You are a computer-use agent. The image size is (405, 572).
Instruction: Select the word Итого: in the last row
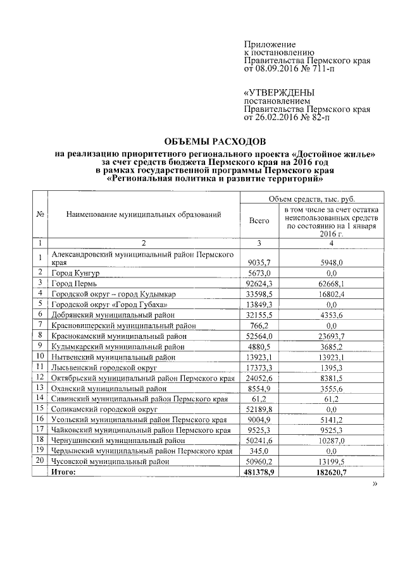pos(64,472)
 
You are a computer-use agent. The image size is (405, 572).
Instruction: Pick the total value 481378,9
pos(259,472)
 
